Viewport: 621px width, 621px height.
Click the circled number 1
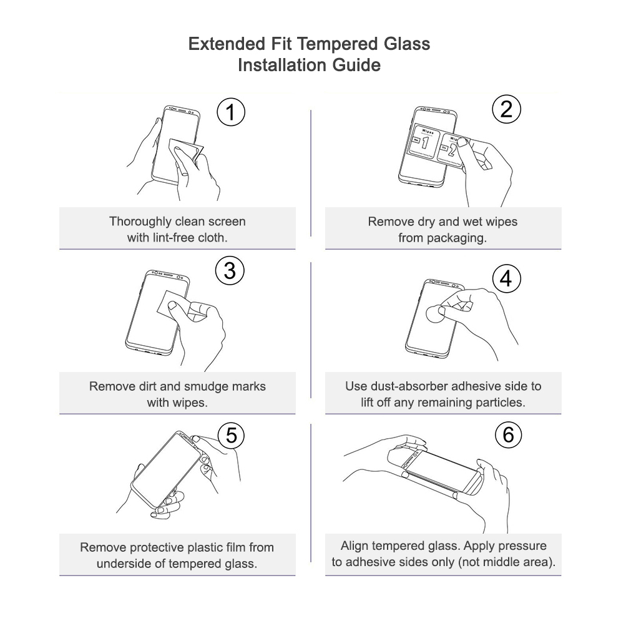point(231,112)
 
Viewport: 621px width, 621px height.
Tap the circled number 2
point(506,109)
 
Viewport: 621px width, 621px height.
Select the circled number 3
point(230,270)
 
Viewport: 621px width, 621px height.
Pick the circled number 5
point(231,435)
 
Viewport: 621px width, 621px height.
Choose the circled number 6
point(508,435)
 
